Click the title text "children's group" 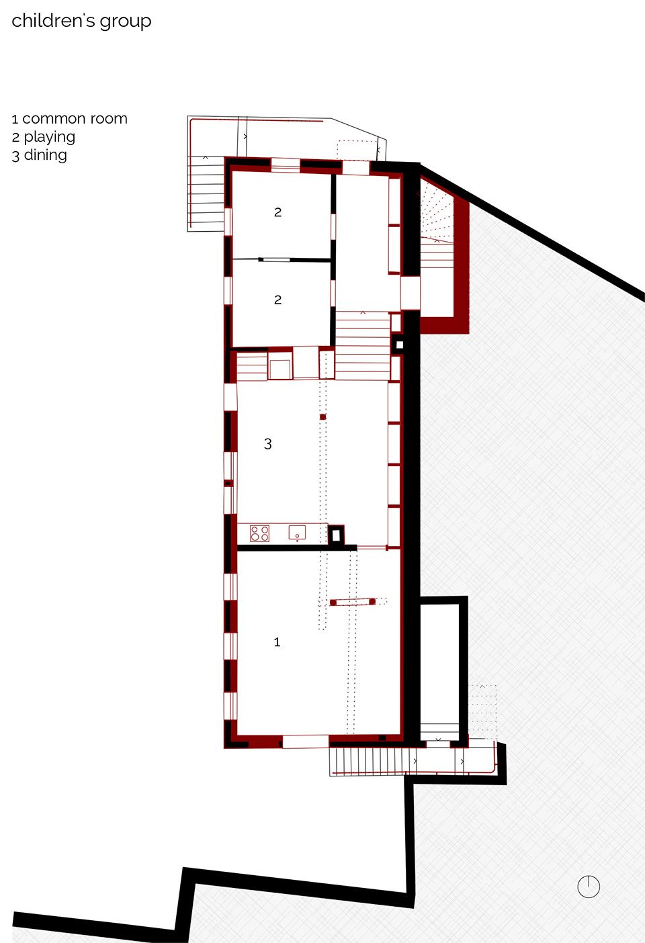coord(81,21)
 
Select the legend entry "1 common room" coord(69,119)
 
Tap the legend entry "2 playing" coord(44,137)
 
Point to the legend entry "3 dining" coord(39,155)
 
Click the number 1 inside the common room coord(277,642)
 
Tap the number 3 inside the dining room coord(268,443)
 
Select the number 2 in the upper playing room coord(277,212)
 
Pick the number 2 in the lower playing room coord(277,300)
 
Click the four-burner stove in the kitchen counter coord(260,533)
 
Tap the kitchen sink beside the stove coord(297,533)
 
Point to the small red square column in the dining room coord(323,417)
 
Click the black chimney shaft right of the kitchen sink coord(336,536)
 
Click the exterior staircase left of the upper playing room coord(206,194)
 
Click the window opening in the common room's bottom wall coord(305,742)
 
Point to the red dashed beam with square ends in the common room coord(353,602)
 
